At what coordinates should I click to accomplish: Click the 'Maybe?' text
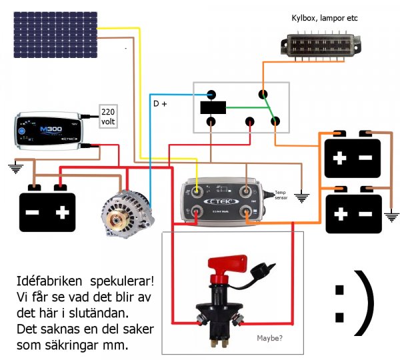pyautogui.click(x=269, y=338)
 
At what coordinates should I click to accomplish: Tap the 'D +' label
pyautogui.click(x=160, y=105)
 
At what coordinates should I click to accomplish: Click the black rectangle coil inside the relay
pyautogui.click(x=213, y=107)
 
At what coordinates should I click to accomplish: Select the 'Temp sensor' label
pyautogui.click(x=283, y=193)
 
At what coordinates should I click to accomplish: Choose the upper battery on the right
pyautogui.click(x=351, y=157)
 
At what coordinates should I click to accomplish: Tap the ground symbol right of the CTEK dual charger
pyautogui.click(x=303, y=197)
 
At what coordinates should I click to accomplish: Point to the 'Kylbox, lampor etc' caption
pyautogui.click(x=325, y=17)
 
